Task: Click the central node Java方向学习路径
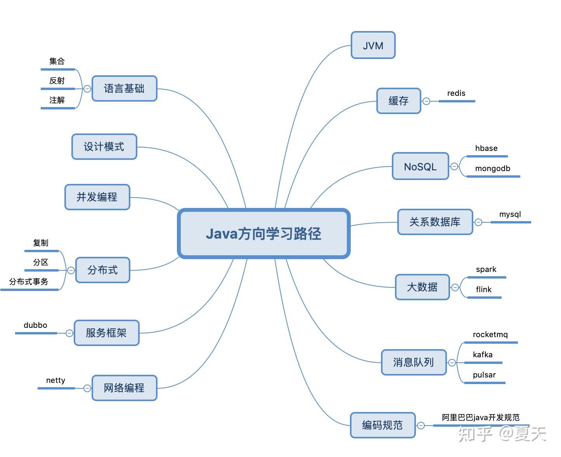point(264,234)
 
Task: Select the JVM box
point(373,45)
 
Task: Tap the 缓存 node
point(398,101)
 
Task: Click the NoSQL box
point(420,166)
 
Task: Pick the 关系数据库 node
point(435,222)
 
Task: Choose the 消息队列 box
point(414,362)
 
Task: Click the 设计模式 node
point(104,147)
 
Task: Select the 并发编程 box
point(97,197)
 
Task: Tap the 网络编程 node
point(124,388)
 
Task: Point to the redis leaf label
point(456,93)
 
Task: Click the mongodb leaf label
point(493,168)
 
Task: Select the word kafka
point(483,355)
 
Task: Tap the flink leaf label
point(483,289)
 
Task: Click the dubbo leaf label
point(35,325)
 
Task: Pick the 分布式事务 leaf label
point(29,282)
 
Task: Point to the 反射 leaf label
point(57,81)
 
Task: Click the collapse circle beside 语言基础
point(87,89)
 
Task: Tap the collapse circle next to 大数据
point(455,287)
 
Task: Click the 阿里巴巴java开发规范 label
point(481,417)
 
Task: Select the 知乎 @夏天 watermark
point(502,434)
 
